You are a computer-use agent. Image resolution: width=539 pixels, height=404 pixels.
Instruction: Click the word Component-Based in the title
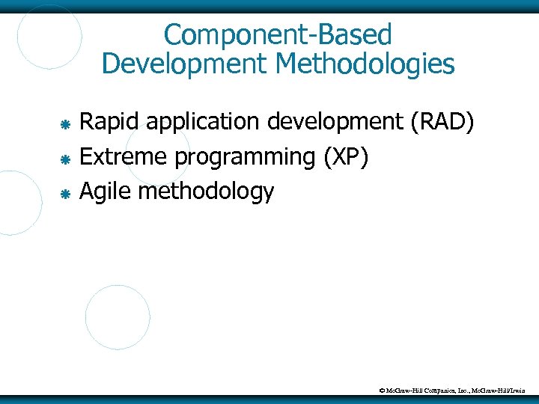pos(278,34)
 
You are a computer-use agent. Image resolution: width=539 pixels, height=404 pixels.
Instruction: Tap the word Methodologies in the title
pos(365,64)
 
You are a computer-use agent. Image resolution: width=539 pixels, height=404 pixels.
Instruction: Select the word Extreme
pos(124,157)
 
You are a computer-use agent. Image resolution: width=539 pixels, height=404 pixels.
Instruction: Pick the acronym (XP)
pos(345,158)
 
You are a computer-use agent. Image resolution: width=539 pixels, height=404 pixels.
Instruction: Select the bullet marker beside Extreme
pos(65,159)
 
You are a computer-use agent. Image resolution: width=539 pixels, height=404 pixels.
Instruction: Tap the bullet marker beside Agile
pos(65,194)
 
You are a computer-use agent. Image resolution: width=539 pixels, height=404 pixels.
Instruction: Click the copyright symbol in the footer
pos(383,390)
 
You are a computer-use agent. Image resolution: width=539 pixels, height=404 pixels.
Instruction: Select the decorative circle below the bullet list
pos(118,316)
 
